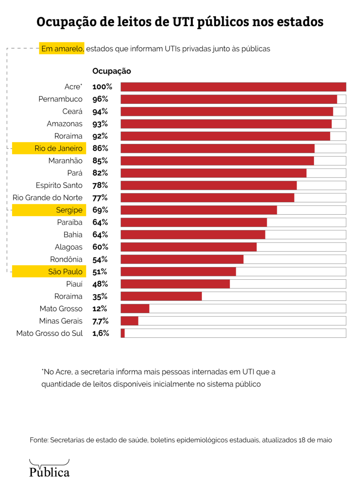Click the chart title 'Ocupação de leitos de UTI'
[180, 22]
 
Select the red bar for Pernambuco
[229, 99]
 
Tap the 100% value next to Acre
[102, 87]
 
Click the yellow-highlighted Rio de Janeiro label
[59, 148]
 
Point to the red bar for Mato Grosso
[135, 309]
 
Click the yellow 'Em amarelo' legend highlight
[62, 48]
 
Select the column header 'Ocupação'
[112, 71]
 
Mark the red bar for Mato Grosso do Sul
[123, 333]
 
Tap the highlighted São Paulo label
[65, 272]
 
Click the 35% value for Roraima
[100, 297]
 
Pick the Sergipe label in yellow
[69, 210]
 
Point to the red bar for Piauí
[175, 284]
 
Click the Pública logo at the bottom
[49, 469]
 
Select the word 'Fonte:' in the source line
[39, 440]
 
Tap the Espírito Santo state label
[59, 186]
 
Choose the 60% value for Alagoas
[100, 247]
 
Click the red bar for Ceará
[227, 112]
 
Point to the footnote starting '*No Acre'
[158, 377]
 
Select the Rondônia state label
[66, 259]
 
